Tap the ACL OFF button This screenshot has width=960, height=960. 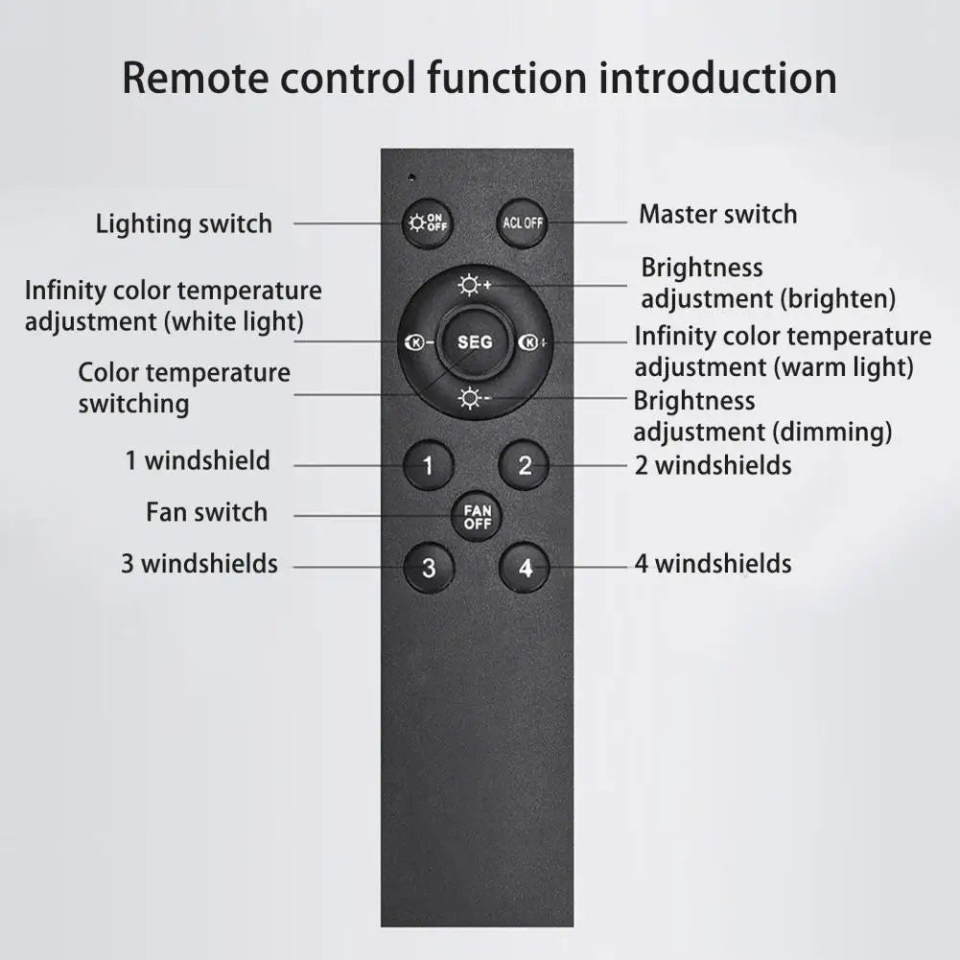pyautogui.click(x=523, y=223)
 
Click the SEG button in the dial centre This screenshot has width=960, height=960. pyautogui.click(x=475, y=342)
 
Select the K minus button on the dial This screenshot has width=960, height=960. pyautogui.click(x=419, y=342)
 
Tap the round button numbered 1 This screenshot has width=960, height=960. pyautogui.click(x=428, y=467)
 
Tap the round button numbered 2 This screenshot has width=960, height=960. pyautogui.click(x=525, y=466)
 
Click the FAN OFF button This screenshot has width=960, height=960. pyautogui.click(x=477, y=518)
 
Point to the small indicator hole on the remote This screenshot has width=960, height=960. pyautogui.click(x=411, y=176)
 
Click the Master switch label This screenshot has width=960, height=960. pyautogui.click(x=717, y=214)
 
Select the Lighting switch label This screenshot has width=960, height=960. pyautogui.click(x=184, y=224)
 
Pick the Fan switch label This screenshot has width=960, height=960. pyautogui.click(x=206, y=512)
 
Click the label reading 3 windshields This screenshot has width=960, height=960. pyautogui.click(x=199, y=564)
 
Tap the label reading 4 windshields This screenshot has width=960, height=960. pyautogui.click(x=713, y=564)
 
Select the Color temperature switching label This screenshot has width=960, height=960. pyautogui.click(x=184, y=387)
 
